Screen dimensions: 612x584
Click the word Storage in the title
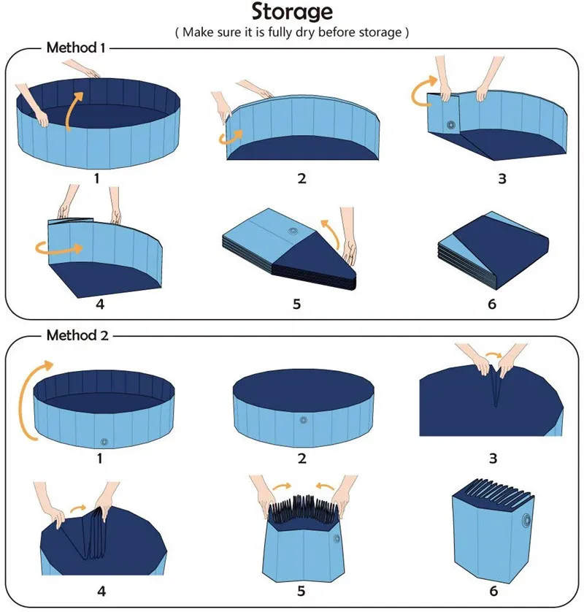pyautogui.click(x=292, y=12)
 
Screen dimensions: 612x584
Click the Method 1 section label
pyautogui.click(x=77, y=48)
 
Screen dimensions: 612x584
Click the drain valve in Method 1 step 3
pyautogui.click(x=450, y=125)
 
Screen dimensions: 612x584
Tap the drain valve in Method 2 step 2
pyautogui.click(x=302, y=420)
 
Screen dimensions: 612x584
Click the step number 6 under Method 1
pyautogui.click(x=492, y=303)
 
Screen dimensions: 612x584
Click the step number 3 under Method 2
pyautogui.click(x=493, y=459)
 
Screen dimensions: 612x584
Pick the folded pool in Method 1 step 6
pyautogui.click(x=492, y=252)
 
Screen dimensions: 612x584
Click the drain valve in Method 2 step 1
pyautogui.click(x=104, y=442)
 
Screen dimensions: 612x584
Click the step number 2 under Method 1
pyautogui.click(x=301, y=177)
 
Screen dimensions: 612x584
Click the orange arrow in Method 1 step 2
pyautogui.click(x=235, y=137)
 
